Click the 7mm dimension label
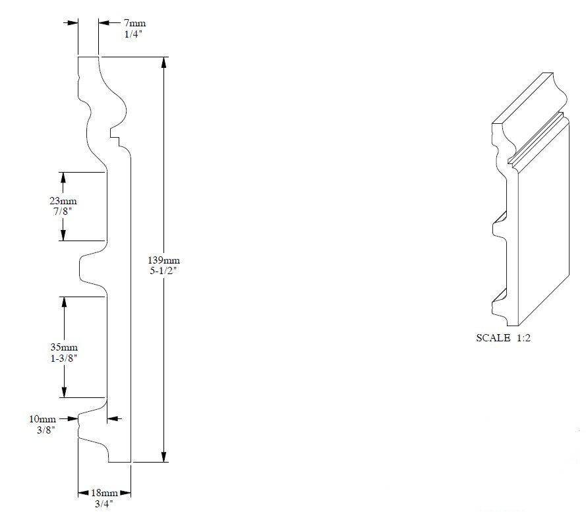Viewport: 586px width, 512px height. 135,23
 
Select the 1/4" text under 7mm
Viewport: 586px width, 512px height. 133,34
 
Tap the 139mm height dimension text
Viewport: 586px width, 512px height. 163,260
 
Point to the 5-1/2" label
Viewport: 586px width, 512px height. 163,271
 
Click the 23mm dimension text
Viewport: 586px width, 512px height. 63,201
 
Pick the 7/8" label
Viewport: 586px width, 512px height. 63,211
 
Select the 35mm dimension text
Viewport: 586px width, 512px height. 64,347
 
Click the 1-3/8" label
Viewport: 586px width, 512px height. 64,358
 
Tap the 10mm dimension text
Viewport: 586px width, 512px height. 43,419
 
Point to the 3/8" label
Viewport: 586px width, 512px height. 46,430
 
